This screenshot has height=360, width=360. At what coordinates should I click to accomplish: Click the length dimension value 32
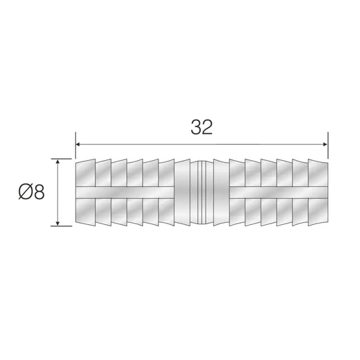click(201, 128)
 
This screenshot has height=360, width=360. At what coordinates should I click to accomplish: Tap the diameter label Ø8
click(30, 192)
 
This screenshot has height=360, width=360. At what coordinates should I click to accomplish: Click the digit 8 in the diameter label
click(38, 192)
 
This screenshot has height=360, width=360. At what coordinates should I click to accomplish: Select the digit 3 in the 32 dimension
click(195, 128)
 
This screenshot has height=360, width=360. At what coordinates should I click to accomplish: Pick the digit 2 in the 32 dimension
click(207, 128)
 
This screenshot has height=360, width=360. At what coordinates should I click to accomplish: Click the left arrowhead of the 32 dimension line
click(78, 143)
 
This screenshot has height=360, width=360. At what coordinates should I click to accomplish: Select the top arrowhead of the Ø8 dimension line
click(59, 163)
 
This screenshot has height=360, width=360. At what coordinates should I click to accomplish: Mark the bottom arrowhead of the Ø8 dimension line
click(59, 222)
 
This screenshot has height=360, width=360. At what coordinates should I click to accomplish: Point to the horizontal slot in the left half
click(128, 192)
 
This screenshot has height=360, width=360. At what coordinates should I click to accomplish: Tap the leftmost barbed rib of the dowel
click(83, 192)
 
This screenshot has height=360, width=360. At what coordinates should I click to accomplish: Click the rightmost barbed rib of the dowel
click(318, 192)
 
